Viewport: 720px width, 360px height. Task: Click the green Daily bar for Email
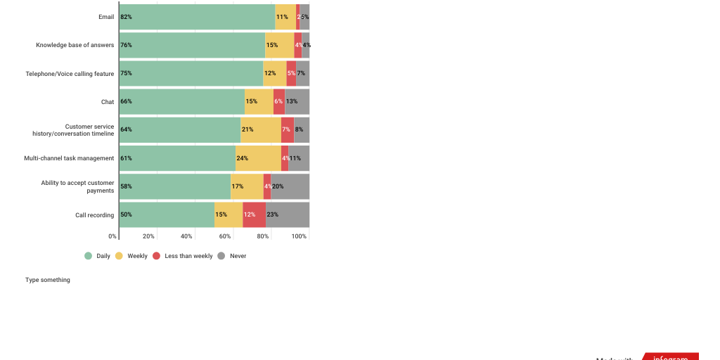coord(197,17)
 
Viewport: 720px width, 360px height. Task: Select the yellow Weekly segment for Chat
coord(259,101)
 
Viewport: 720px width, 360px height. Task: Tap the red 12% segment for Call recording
coord(254,214)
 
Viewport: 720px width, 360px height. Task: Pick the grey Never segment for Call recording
coord(288,214)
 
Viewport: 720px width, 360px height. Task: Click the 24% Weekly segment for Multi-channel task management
coord(258,158)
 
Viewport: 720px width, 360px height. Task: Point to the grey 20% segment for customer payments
coord(290,186)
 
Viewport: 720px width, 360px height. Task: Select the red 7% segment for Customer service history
coord(288,130)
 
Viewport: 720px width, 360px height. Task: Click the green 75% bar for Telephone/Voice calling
coord(191,73)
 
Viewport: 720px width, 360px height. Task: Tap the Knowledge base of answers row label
coord(75,45)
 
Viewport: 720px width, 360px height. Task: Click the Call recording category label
coord(94,214)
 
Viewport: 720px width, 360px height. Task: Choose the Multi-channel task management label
coord(69,158)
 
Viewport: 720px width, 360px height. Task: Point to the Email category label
coord(106,17)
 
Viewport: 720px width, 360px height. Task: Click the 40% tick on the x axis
coord(186,236)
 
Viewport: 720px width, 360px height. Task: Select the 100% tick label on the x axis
coord(299,236)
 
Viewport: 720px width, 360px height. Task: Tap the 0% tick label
coord(112,236)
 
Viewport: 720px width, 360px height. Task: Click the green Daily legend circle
coord(89,256)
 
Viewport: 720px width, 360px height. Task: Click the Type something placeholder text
coord(48,280)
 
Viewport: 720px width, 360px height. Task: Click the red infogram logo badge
coord(670,356)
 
